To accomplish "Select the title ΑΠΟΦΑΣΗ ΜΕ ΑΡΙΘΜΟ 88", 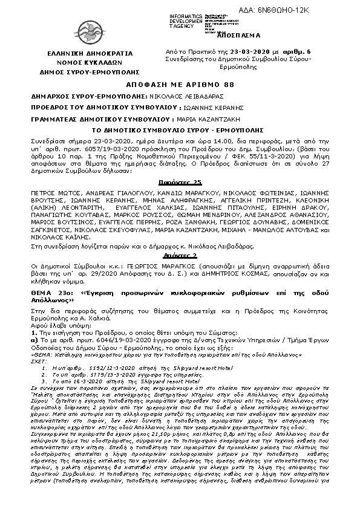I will (x=180, y=86).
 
